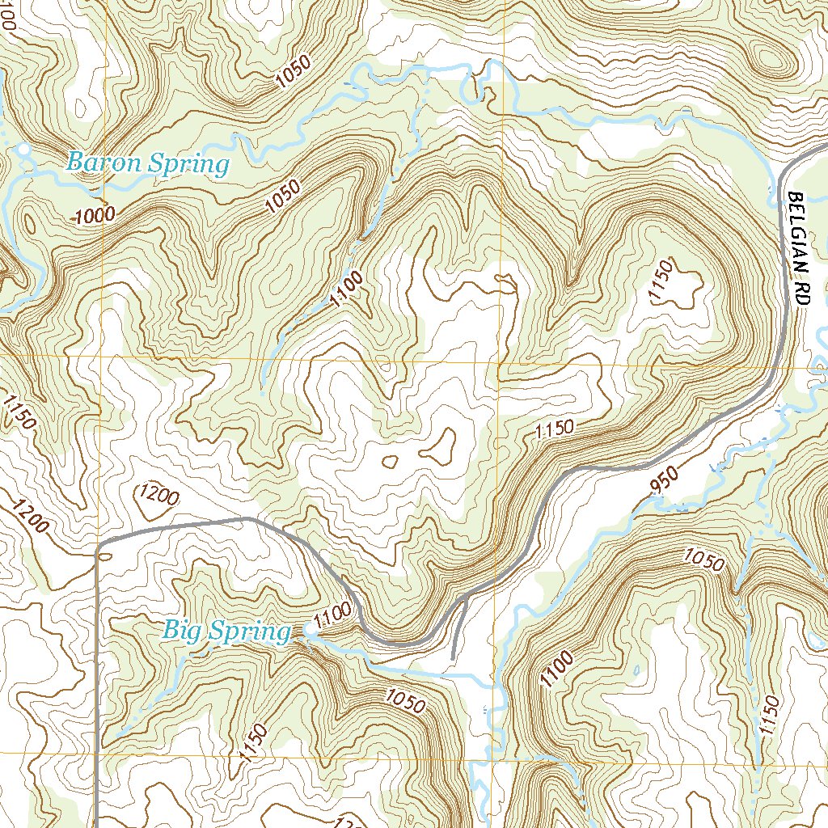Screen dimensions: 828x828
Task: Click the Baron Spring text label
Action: (147, 164)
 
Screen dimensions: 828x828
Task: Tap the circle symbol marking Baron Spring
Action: (23, 150)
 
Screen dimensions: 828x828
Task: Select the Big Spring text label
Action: (226, 631)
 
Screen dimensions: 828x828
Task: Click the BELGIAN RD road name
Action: (798, 247)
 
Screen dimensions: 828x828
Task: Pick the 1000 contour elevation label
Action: (95, 215)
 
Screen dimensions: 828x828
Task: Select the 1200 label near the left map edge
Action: (31, 518)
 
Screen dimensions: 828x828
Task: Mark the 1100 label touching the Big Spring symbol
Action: (333, 616)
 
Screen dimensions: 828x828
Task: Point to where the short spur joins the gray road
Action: (467, 598)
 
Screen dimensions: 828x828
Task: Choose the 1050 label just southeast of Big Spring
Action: (405, 700)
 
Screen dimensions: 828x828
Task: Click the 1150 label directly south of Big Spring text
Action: (252, 743)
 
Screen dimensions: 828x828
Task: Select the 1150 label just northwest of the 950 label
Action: (554, 429)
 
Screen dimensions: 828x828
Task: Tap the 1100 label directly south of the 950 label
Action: (557, 670)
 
